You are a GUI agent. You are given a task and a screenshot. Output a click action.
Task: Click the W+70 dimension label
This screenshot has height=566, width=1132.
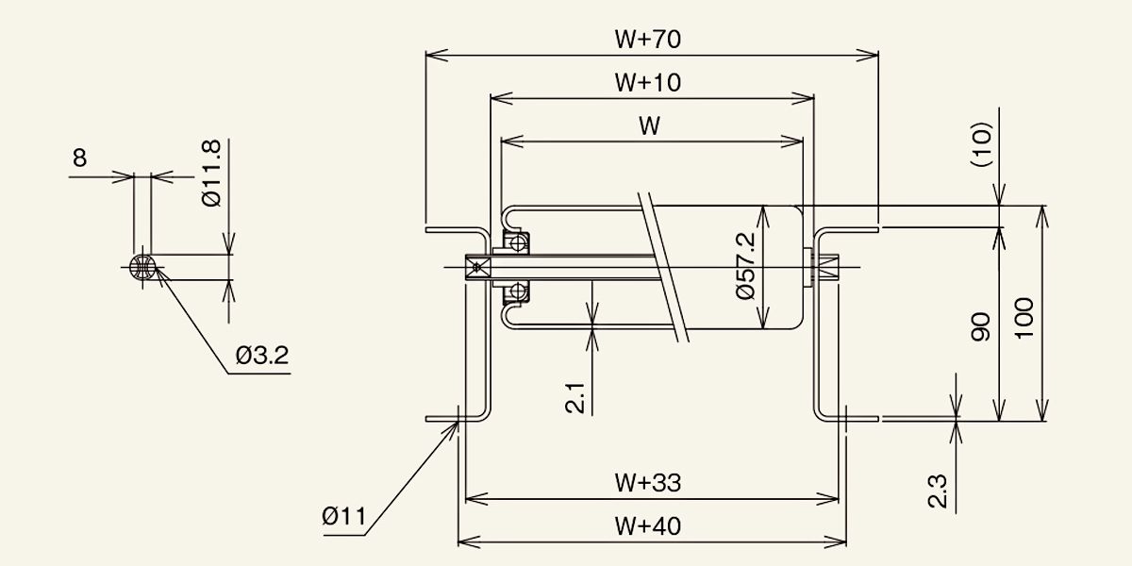pos(648,40)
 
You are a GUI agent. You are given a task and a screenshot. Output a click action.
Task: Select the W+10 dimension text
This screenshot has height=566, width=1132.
pos(648,82)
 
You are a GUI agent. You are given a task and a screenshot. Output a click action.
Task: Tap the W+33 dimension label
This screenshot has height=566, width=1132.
pos(648,483)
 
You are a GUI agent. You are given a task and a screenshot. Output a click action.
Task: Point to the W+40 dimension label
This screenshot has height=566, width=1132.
pos(648,526)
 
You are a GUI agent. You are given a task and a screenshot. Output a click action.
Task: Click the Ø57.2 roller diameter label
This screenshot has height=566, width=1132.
pos(746,266)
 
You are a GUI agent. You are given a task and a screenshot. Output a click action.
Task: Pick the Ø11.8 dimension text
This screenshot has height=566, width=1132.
pos(210,174)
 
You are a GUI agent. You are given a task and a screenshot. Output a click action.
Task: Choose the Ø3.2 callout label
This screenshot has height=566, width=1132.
pos(262,356)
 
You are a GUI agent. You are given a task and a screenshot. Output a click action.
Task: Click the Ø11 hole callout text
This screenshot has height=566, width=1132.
pos(344,517)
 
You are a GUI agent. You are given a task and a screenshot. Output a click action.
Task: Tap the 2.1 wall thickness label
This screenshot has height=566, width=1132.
pos(575,398)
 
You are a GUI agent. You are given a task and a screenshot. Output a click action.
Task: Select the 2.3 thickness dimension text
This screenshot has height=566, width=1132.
pos(938,491)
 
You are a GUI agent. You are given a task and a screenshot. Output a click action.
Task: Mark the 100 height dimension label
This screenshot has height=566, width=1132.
pos(1024,319)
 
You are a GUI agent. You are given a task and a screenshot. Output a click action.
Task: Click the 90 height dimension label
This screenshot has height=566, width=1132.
pos(981,327)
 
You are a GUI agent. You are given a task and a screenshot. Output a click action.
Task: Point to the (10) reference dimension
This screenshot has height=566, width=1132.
pos(982,144)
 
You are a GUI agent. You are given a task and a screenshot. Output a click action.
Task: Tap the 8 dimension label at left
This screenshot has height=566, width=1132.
pos(80,158)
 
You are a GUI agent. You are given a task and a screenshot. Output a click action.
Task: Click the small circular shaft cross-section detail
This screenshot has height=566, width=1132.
pos(142,267)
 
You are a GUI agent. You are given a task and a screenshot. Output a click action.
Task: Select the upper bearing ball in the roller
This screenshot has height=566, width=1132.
pos(518,243)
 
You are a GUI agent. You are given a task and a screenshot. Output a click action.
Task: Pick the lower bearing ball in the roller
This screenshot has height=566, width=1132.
pos(518,291)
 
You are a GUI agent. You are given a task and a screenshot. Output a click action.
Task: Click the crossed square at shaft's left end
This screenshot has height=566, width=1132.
pos(477,267)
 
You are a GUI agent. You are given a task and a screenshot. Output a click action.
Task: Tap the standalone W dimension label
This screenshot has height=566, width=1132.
pos(649,125)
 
